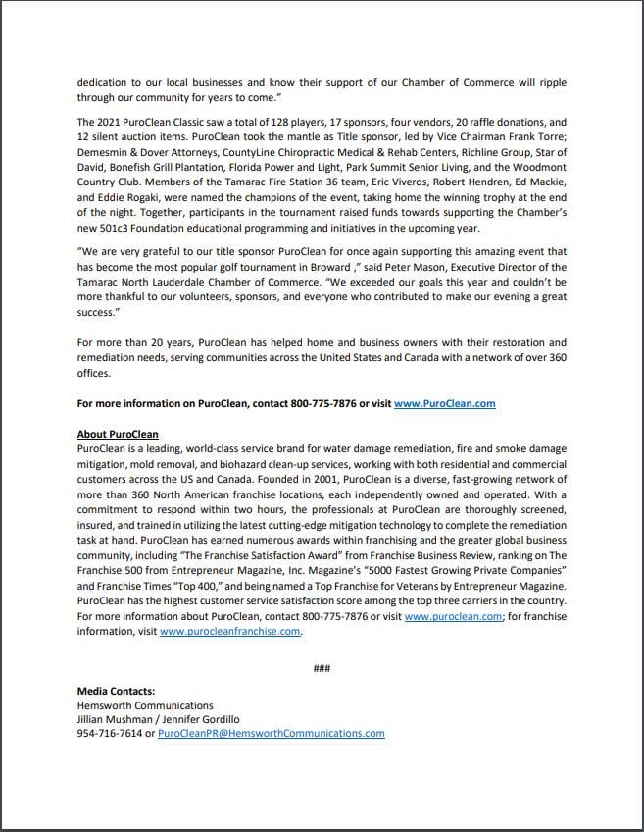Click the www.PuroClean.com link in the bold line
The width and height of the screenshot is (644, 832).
[x=444, y=403]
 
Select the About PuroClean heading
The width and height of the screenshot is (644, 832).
[x=118, y=434]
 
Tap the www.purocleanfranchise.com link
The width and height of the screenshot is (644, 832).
[x=229, y=632]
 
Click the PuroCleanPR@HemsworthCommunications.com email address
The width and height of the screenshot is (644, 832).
[x=271, y=733]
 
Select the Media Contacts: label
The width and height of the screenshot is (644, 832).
[x=116, y=691]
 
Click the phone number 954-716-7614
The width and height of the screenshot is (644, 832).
[x=109, y=733]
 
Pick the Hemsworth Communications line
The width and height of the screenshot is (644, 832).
[x=144, y=705]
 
